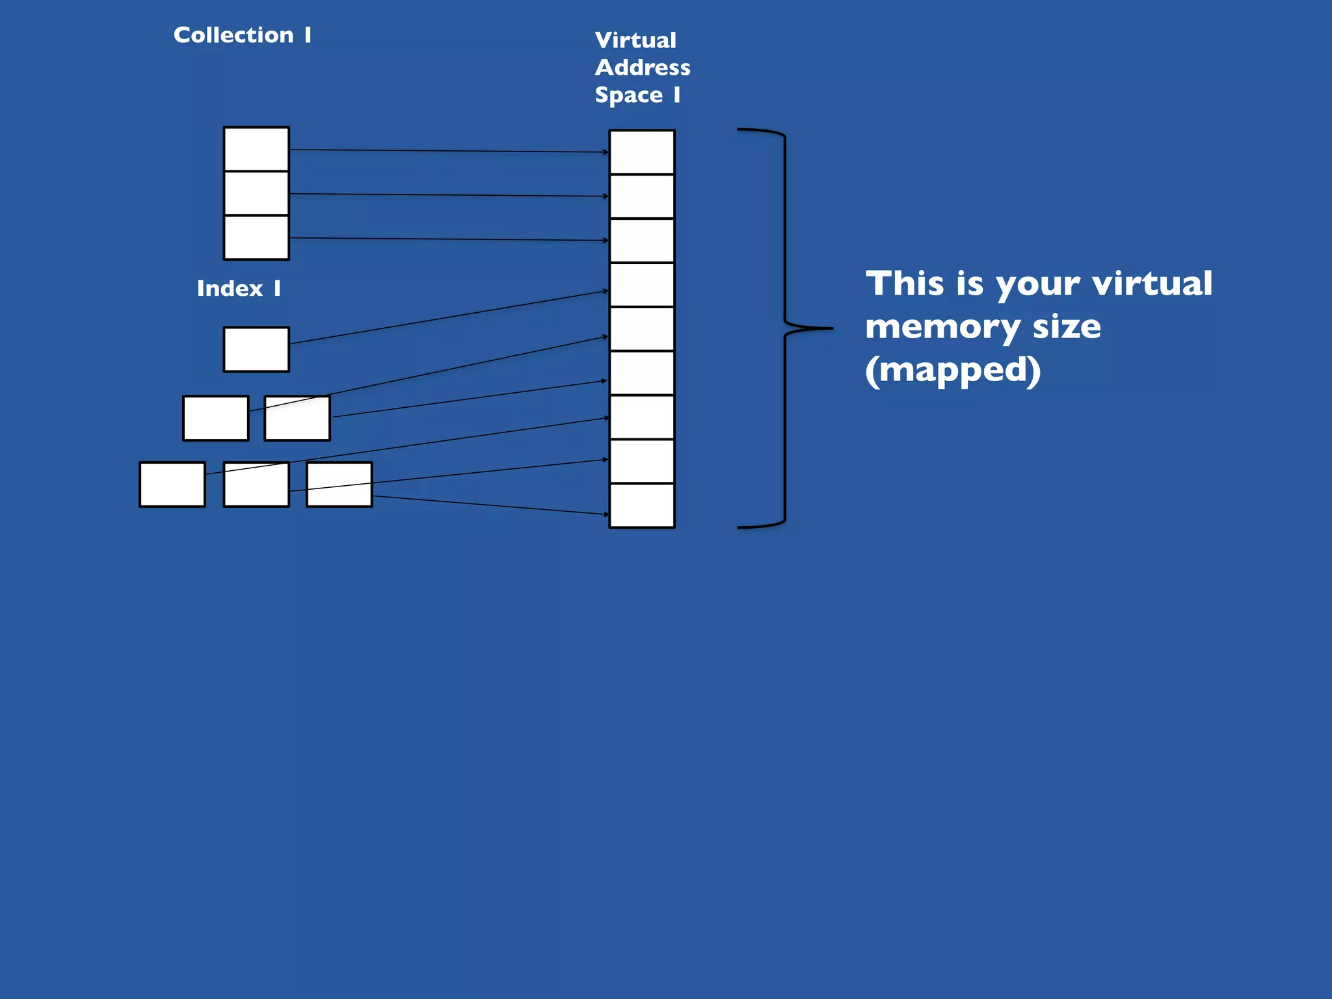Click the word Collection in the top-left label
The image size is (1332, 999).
[233, 35]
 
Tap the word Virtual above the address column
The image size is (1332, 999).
[635, 40]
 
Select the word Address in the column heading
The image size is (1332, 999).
[643, 68]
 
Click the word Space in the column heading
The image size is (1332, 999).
[628, 96]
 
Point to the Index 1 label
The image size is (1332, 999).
[239, 288]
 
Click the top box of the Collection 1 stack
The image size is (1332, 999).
[256, 149]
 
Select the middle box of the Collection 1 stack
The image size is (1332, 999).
[256, 193]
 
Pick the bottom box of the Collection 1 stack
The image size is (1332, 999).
[256, 237]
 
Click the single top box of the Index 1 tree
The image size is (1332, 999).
[256, 349]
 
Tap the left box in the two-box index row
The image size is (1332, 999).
[215, 418]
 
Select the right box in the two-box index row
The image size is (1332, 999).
[297, 418]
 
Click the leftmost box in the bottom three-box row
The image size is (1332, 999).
[172, 485]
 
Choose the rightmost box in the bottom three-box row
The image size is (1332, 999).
[340, 485]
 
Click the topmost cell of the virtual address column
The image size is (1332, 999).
[642, 152]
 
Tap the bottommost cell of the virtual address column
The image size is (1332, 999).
[642, 505]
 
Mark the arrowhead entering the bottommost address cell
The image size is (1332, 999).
[606, 514]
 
